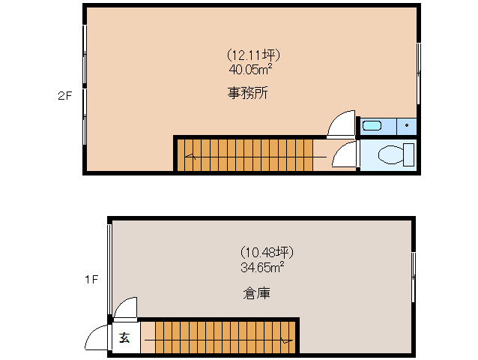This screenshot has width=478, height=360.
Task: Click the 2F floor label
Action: tap(64, 96)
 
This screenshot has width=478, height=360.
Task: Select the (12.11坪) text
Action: tap(253, 55)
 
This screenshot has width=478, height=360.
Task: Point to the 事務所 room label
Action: tap(249, 94)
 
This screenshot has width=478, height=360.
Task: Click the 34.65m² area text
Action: tap(261, 265)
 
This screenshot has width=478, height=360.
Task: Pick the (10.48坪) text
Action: tap(261, 251)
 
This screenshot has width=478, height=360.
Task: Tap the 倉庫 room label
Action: tap(256, 293)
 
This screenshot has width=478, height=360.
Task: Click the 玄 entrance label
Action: tap(124, 338)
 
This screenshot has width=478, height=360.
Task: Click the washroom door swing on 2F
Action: tap(342, 124)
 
